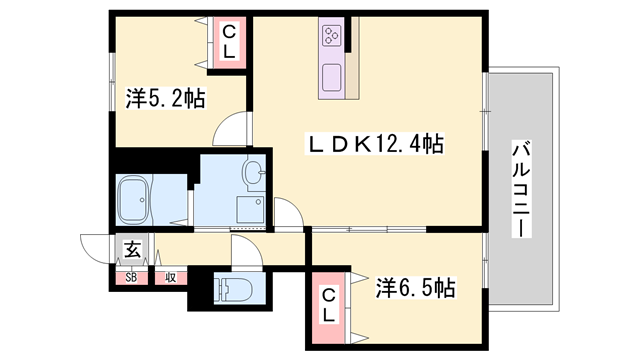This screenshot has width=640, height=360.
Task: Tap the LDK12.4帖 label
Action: pos(374,145)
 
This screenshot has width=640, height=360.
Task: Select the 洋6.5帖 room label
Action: pos(415,289)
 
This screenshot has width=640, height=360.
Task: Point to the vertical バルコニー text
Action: pos(519,187)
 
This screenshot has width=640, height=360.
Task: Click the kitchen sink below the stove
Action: pos(332,76)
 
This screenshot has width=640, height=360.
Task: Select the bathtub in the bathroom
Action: pos(135,201)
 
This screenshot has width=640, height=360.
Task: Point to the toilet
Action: pos(231,288)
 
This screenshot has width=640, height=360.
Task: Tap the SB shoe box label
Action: pos(132,277)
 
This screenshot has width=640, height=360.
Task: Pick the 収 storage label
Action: pos(171,277)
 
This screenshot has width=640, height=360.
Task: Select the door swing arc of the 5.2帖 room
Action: pos(232,130)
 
